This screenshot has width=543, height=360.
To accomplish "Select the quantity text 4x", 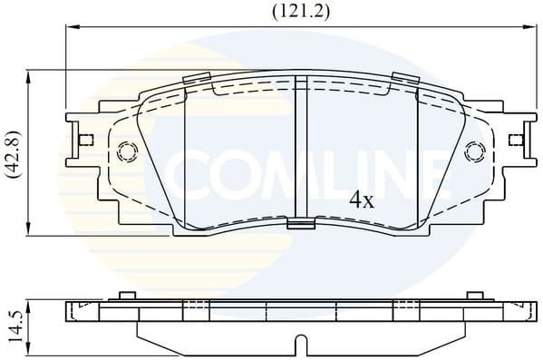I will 362,200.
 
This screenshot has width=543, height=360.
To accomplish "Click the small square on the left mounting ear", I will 86,140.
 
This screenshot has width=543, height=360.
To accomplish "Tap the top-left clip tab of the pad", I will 196,79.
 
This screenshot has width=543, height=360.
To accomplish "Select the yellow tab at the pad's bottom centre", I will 299,225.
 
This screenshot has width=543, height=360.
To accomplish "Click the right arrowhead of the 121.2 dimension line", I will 529,28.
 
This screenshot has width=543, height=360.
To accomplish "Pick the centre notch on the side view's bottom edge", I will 298,345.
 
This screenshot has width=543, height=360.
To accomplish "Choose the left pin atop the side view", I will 127,296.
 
